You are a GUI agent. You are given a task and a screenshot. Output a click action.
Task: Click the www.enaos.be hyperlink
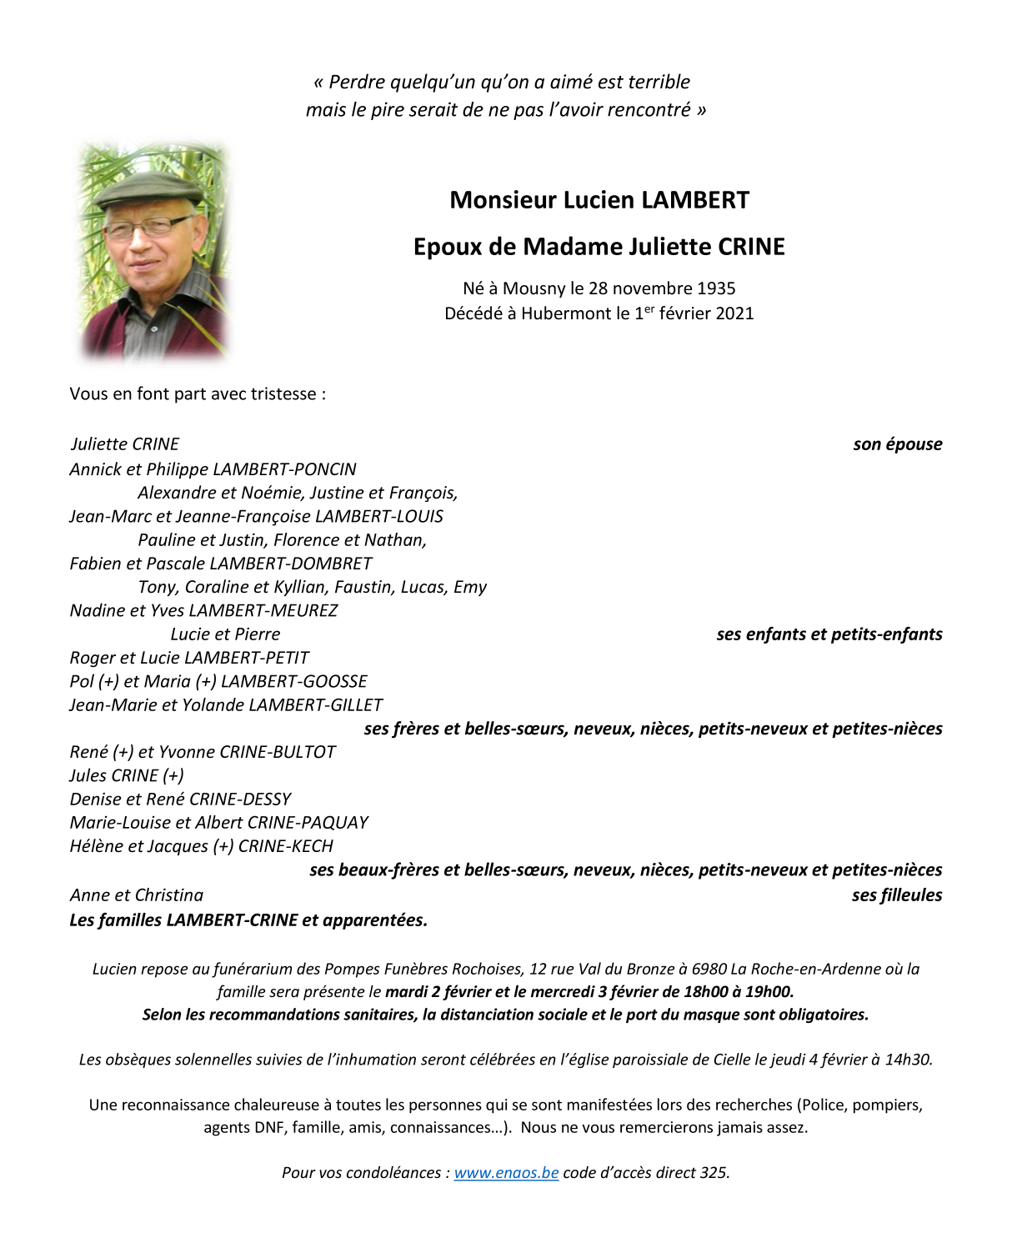coord(506,1172)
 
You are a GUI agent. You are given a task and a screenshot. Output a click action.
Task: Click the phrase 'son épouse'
coord(897,444)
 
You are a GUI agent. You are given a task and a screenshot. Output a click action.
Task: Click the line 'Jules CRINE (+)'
coord(127,775)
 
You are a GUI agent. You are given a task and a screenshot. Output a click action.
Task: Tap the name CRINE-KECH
coord(285,846)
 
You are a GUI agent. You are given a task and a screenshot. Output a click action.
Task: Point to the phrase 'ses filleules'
coord(896,895)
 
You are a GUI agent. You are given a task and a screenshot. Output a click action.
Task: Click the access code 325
coord(713,1172)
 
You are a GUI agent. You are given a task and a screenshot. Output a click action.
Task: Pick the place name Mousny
coord(534,288)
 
